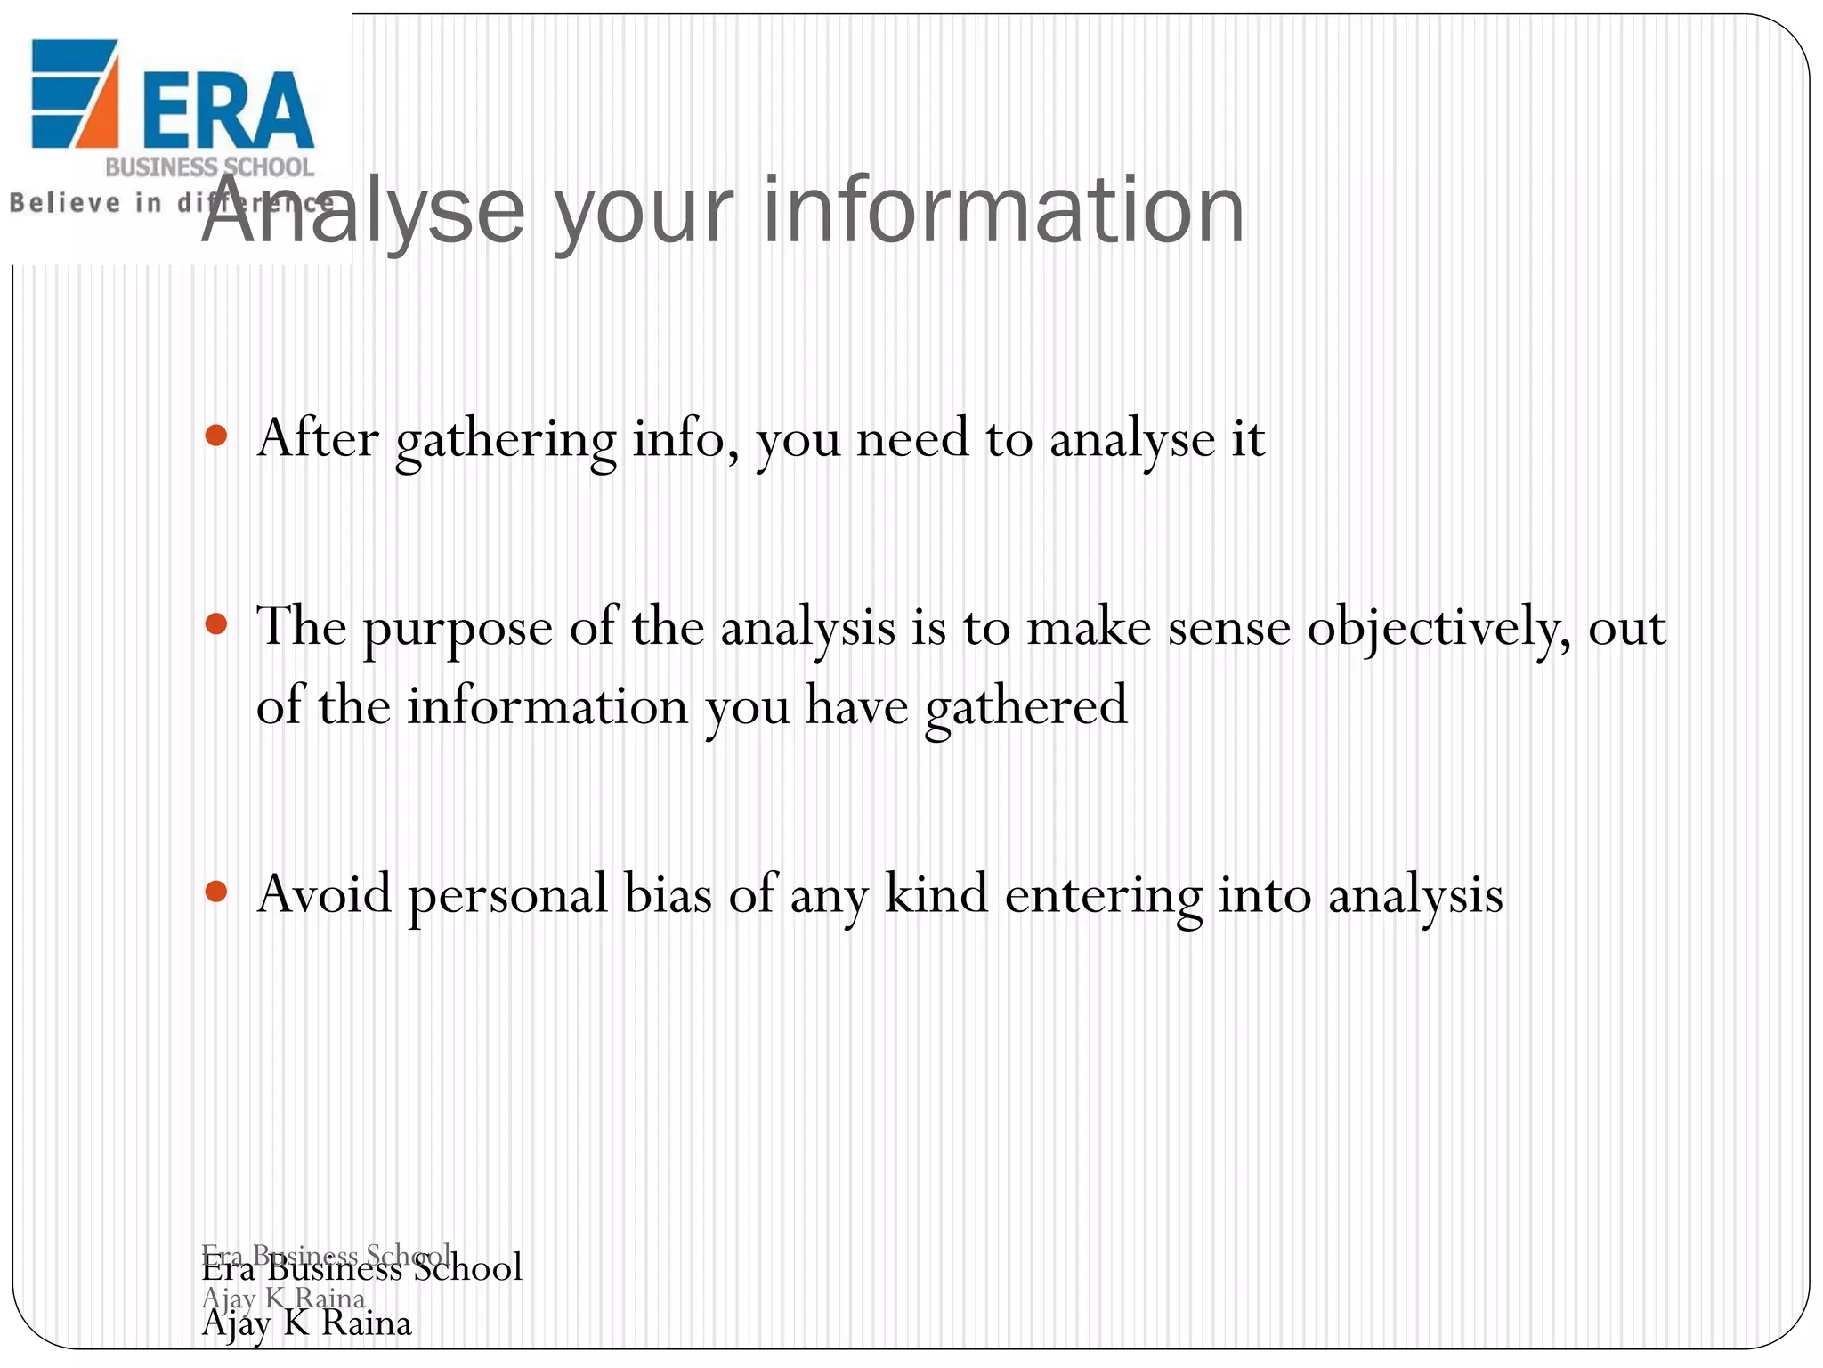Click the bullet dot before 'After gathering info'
pyautogui.click(x=216, y=436)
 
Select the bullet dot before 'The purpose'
pyautogui.click(x=216, y=624)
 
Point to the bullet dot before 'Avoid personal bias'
pyautogui.click(x=216, y=892)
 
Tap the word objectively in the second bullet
pyautogui.click(x=1438, y=629)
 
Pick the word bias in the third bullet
pyautogui.click(x=668, y=894)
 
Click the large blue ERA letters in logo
pyautogui.click(x=227, y=110)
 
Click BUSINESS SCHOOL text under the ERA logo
pyautogui.click(x=209, y=167)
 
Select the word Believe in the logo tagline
pyautogui.click(x=64, y=203)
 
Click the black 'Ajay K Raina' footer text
pyautogui.click(x=306, y=1323)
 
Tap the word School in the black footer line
pyautogui.click(x=468, y=1268)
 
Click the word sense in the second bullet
pyautogui.click(x=1228, y=629)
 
